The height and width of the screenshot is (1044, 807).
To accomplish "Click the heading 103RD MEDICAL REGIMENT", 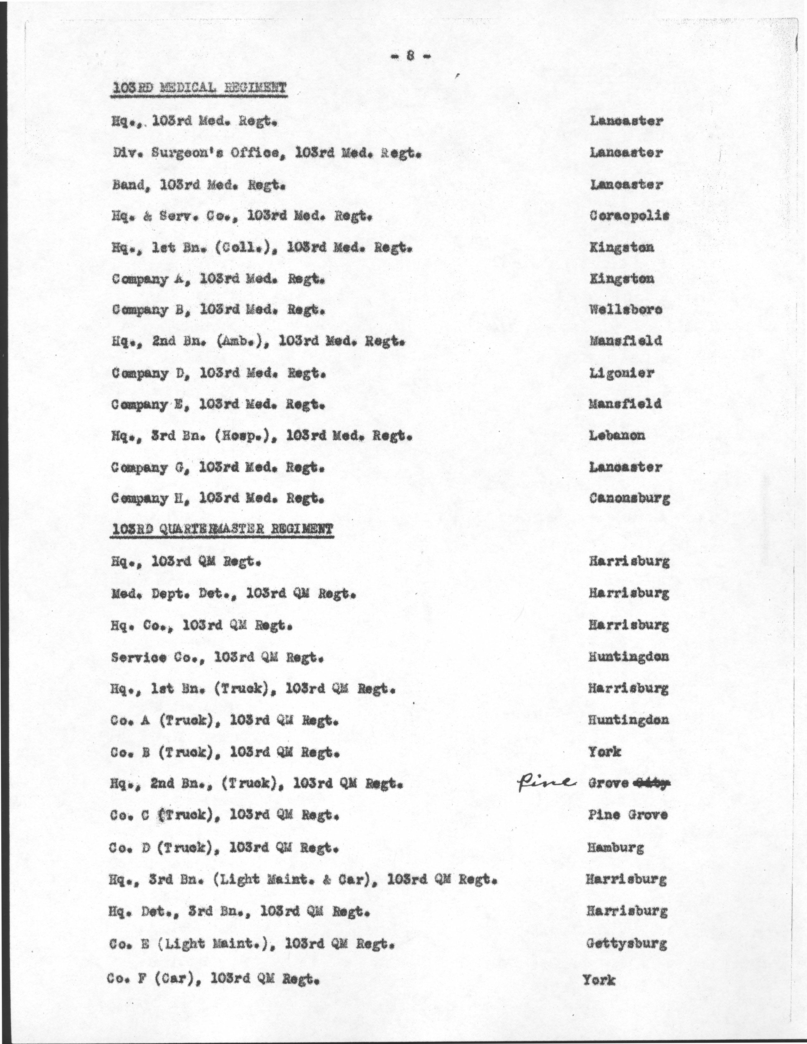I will [198, 88].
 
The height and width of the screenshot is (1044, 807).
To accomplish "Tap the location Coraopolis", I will [629, 215].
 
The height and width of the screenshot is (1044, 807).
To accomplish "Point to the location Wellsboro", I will [626, 310].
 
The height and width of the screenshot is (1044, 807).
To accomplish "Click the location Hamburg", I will [615, 848].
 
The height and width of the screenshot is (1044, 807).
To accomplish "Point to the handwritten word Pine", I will [545, 782].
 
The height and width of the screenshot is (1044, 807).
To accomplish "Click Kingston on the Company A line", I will [622, 279].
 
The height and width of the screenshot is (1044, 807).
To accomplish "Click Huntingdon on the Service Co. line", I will [628, 657].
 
